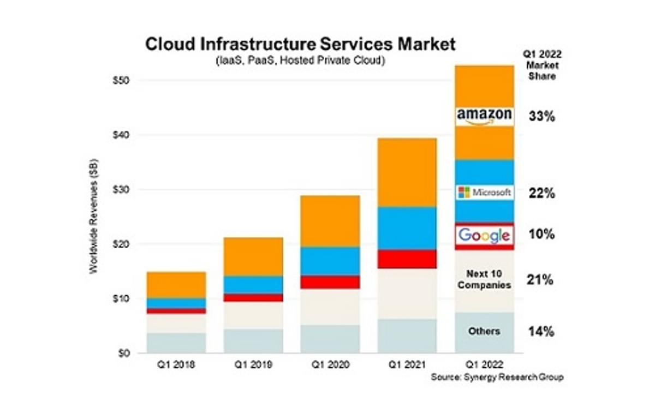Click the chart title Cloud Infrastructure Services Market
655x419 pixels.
point(300,44)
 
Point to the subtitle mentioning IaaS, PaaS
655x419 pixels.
point(300,61)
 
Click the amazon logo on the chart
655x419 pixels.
point(484,116)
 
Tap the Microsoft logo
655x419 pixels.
point(484,193)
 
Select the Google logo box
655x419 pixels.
point(484,235)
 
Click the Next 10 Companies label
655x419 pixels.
point(484,279)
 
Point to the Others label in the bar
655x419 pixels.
point(484,331)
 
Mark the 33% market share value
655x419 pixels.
point(541,116)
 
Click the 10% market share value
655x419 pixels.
point(541,235)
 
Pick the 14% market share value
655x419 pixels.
point(541,331)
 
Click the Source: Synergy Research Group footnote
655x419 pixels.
point(497,377)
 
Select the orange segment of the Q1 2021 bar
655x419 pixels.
point(407,172)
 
